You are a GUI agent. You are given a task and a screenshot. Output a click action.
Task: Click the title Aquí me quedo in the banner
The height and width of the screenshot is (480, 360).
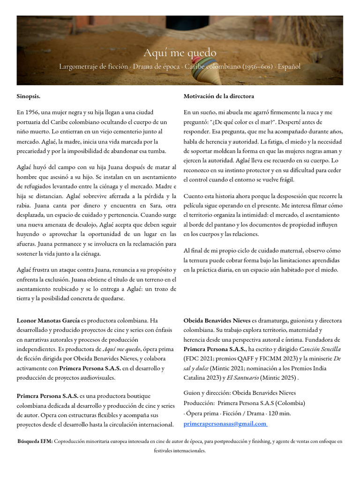pyautogui.click(x=180, y=53)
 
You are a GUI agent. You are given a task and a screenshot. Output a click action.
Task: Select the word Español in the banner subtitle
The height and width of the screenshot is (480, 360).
pyautogui.click(x=289, y=67)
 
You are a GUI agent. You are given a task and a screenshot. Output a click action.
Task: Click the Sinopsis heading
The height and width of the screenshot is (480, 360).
pyautogui.click(x=29, y=96)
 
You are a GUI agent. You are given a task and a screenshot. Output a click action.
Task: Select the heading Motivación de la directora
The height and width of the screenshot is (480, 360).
pyautogui.click(x=219, y=96)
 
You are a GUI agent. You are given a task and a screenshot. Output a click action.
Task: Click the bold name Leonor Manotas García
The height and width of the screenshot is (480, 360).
pyautogui.click(x=48, y=321)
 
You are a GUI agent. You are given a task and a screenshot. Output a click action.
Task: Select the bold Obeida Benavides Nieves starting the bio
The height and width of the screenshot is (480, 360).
pyautogui.click(x=217, y=321)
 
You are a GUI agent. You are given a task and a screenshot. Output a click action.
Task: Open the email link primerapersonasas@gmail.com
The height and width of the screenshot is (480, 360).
pyautogui.click(x=225, y=424)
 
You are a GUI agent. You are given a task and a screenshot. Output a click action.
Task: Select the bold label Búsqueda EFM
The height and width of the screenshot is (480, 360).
pyautogui.click(x=35, y=441)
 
